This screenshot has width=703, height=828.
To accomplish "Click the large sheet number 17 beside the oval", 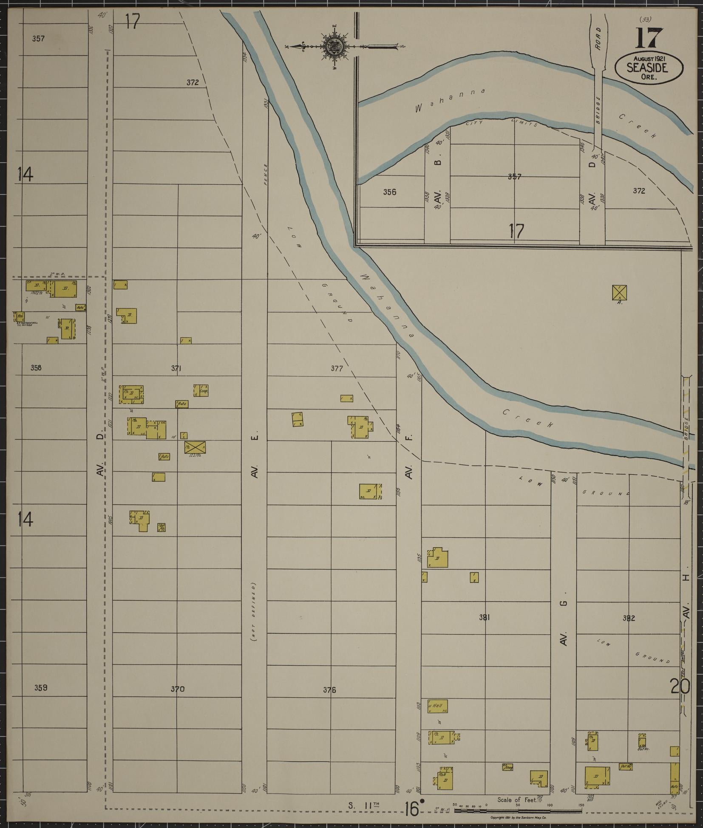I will tap(649, 39).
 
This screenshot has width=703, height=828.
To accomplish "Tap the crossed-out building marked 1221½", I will tap(195, 447).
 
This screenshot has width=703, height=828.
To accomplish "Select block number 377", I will tap(337, 369).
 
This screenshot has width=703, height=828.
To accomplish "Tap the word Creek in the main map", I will tap(527, 418).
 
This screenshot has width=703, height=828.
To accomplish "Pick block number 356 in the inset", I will tap(389, 192).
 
